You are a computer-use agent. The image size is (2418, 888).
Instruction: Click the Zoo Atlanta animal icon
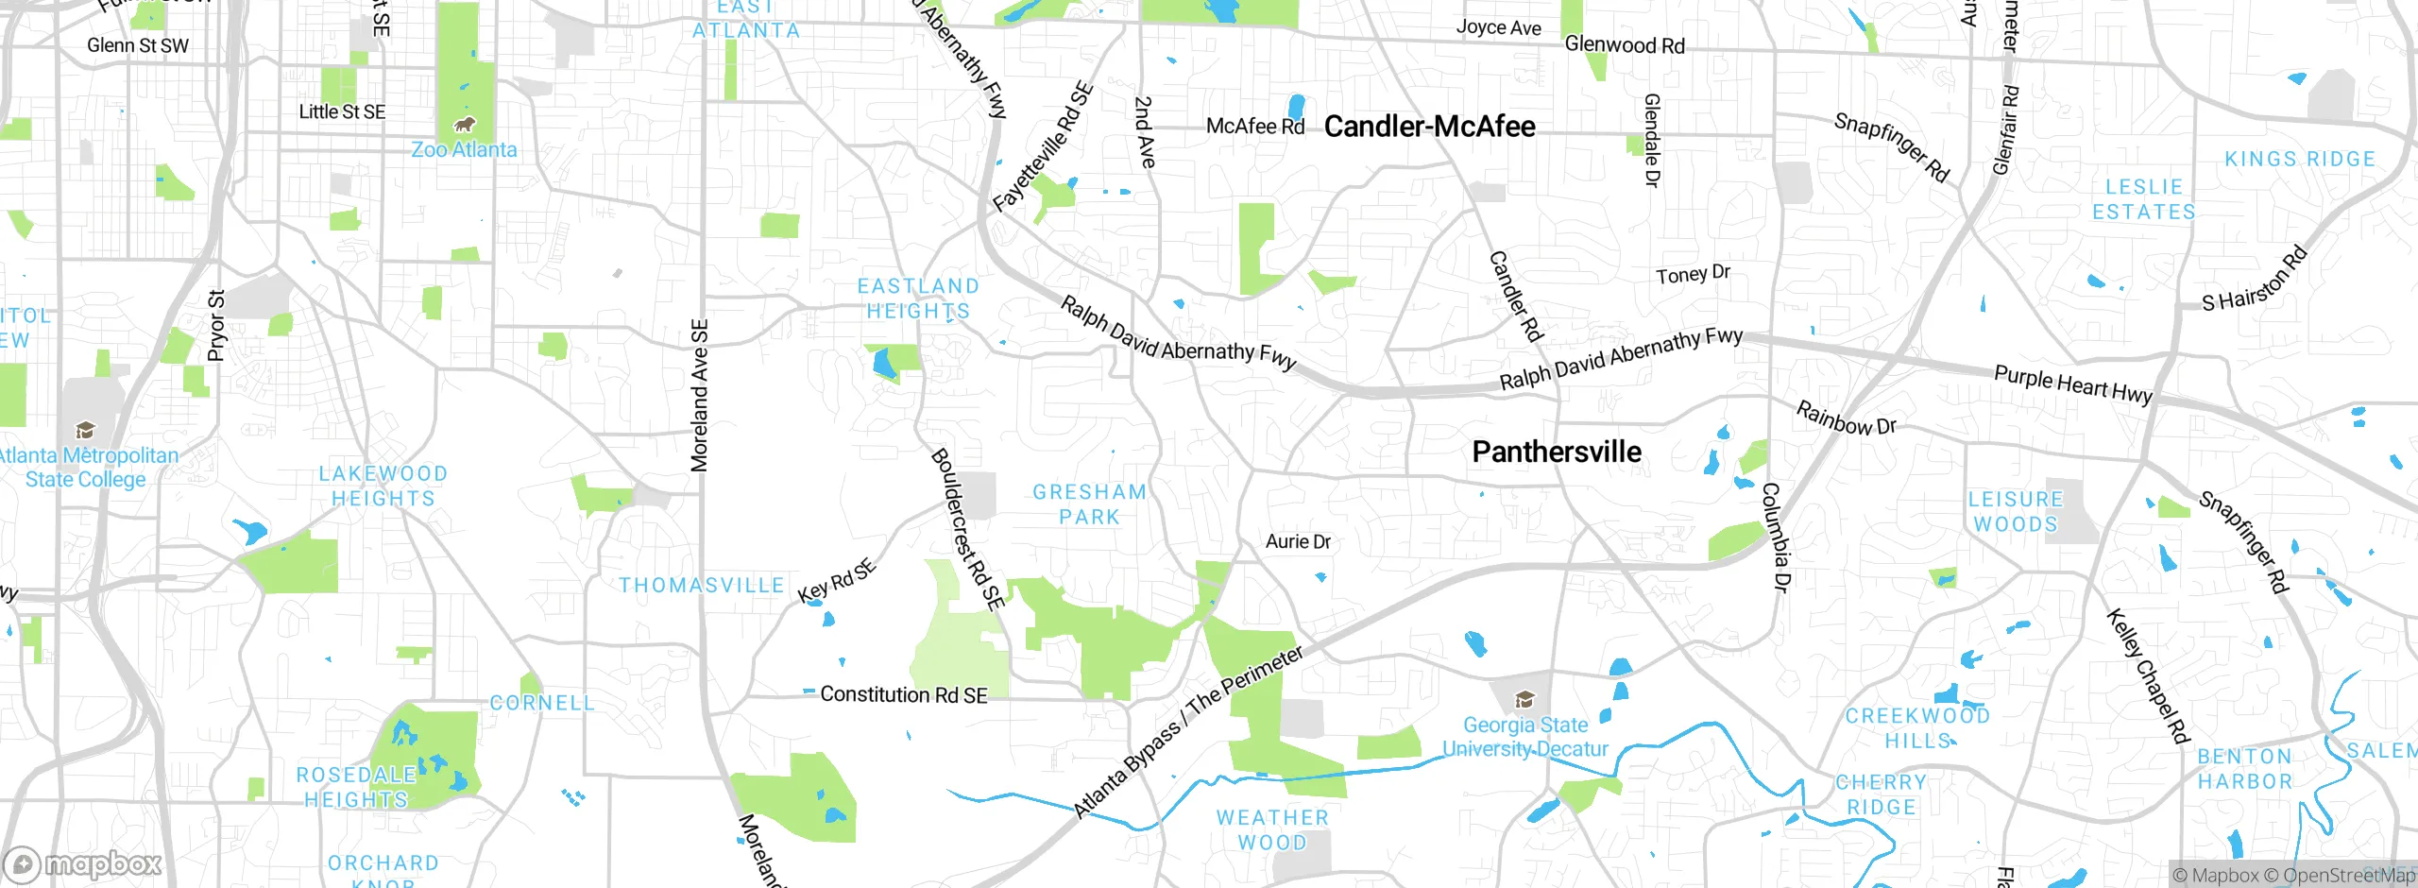tap(464, 125)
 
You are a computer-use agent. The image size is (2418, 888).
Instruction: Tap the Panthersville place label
tap(1557, 453)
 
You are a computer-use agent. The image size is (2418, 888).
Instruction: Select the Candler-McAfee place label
tap(1429, 127)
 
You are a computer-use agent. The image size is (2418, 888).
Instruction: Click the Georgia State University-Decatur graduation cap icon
tap(1524, 700)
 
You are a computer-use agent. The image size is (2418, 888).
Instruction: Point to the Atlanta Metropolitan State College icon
tap(85, 431)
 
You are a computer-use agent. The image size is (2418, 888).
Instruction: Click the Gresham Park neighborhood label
tap(1089, 504)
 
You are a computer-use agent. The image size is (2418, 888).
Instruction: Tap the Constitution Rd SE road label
tap(903, 695)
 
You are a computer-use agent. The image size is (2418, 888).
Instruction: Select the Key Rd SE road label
tap(837, 581)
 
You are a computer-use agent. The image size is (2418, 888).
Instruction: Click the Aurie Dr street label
tap(1298, 542)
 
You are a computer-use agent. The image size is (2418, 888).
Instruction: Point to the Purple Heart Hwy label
tap(2072, 385)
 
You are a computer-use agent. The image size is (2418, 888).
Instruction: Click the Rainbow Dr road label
tap(1846, 418)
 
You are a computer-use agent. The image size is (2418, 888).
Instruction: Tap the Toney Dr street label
tap(1693, 274)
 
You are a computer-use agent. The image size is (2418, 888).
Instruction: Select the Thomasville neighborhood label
tap(702, 586)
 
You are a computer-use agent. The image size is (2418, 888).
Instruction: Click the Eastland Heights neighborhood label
tap(918, 299)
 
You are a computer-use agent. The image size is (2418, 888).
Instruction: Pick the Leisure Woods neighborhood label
tap(2016, 512)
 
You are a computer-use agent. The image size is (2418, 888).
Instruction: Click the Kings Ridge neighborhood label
tap(2299, 160)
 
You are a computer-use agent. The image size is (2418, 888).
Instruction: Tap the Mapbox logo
tap(83, 864)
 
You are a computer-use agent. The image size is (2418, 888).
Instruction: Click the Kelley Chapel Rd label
tap(2147, 675)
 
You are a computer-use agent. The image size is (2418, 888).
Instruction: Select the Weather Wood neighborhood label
tap(1272, 830)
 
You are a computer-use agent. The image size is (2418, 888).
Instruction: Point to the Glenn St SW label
tap(138, 45)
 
